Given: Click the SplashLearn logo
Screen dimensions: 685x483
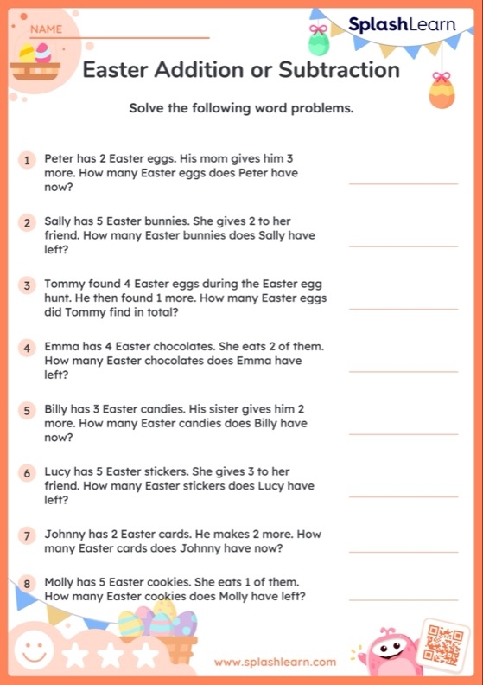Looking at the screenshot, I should coord(402,25).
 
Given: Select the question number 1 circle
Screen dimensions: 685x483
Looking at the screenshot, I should coord(28,160).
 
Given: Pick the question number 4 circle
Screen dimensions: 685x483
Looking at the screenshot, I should coord(28,348).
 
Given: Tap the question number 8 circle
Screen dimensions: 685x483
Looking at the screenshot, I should coord(28,584).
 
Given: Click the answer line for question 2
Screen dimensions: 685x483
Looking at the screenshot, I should coord(403,246).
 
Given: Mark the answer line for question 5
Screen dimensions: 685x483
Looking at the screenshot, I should coord(403,434).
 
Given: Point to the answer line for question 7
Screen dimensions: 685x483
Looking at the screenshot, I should coord(403,551).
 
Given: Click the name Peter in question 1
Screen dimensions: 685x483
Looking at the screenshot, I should coord(60,159).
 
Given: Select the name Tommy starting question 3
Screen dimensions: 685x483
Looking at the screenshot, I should coord(63,285).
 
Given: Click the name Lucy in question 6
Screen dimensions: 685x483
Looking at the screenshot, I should coord(58,472).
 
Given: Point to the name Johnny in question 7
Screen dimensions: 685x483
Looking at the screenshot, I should coord(65,535).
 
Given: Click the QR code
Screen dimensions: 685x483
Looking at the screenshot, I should coord(442,643).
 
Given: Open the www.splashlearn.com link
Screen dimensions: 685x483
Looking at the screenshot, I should coord(275,662).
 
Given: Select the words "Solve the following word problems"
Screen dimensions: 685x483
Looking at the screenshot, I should coord(241,109).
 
